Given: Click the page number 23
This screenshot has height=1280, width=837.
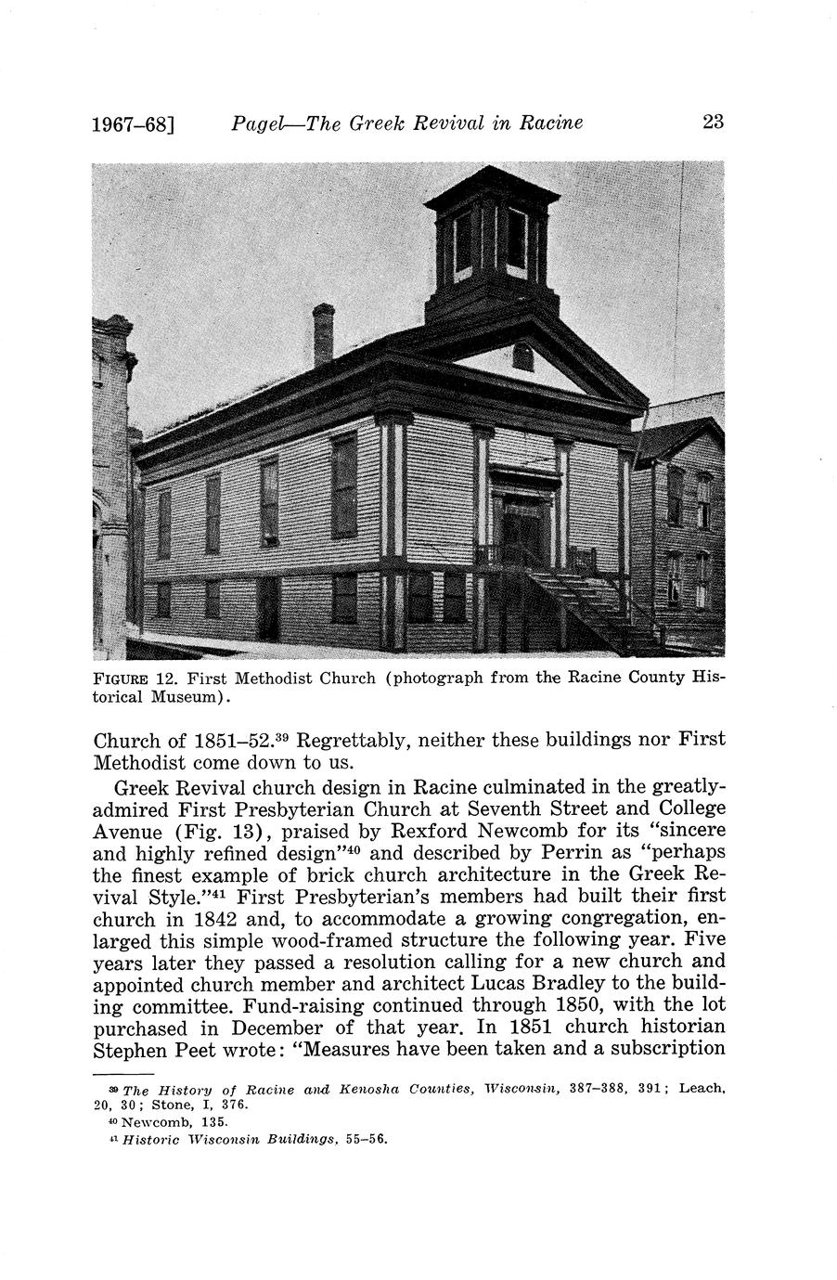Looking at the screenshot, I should (713, 122).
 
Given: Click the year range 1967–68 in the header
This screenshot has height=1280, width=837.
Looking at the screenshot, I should (131, 123).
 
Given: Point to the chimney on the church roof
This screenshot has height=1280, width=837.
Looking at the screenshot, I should (323, 334).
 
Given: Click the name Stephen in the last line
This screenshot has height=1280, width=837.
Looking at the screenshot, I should (130, 1050).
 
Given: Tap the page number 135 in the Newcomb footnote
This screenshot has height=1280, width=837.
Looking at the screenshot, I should (196, 1121).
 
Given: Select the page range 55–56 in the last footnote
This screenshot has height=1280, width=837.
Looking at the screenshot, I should (364, 1137).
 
